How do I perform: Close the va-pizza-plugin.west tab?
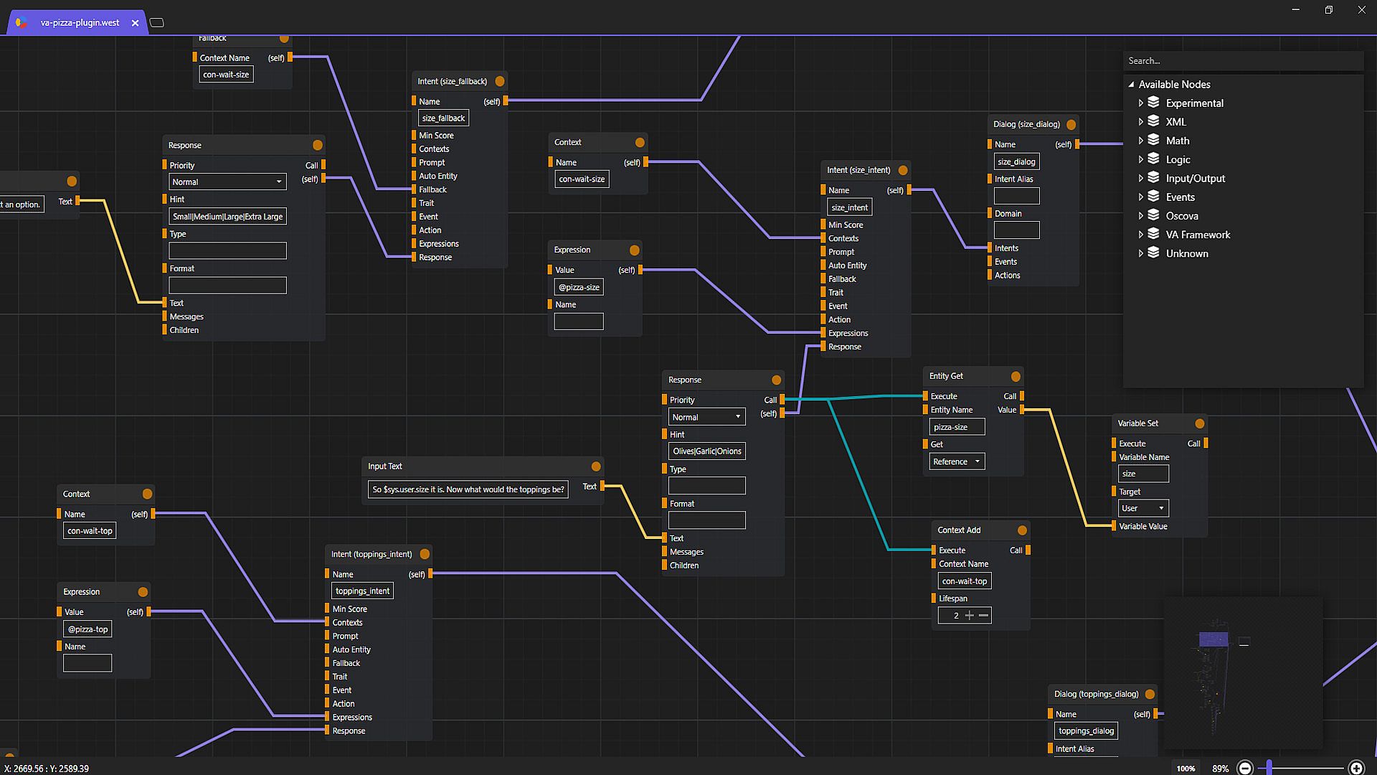click(x=135, y=23)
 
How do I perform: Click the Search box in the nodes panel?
click(x=1242, y=61)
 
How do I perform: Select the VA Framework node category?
click(x=1197, y=235)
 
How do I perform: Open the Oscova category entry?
click(x=1181, y=216)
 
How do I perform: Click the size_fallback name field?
click(x=443, y=118)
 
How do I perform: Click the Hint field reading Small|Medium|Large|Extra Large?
click(x=227, y=217)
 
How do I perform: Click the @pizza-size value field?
click(x=579, y=287)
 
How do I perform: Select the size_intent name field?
click(x=850, y=207)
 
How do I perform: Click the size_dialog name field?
click(x=1016, y=162)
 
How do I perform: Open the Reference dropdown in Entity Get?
click(x=957, y=461)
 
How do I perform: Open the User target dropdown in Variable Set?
click(x=1143, y=508)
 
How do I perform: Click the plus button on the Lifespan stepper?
click(x=970, y=616)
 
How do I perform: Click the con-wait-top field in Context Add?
click(x=965, y=581)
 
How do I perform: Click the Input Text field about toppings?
click(x=468, y=489)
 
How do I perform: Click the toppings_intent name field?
click(x=363, y=591)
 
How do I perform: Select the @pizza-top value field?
click(x=87, y=629)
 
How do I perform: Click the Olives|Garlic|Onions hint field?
click(x=706, y=451)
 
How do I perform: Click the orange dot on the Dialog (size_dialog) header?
click(x=1071, y=124)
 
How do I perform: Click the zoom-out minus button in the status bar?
click(x=1245, y=768)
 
